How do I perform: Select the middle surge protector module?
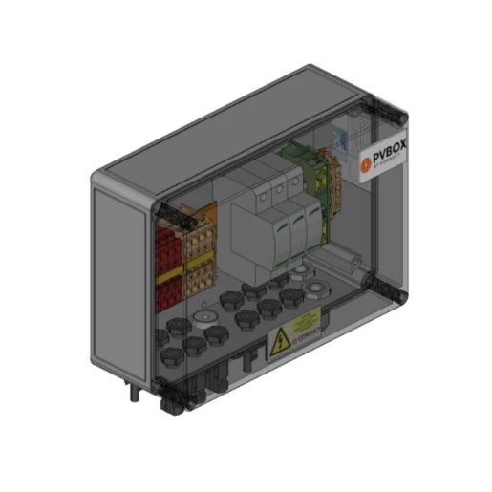(277, 229)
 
